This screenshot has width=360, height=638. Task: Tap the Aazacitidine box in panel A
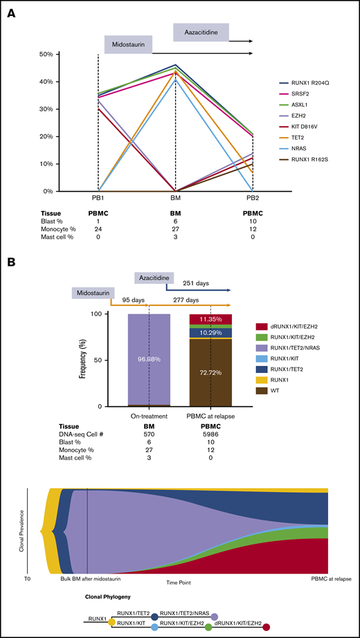click(199, 32)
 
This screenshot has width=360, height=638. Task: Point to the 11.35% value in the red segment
click(210, 319)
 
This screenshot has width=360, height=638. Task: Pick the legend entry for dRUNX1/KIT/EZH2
click(308, 325)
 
